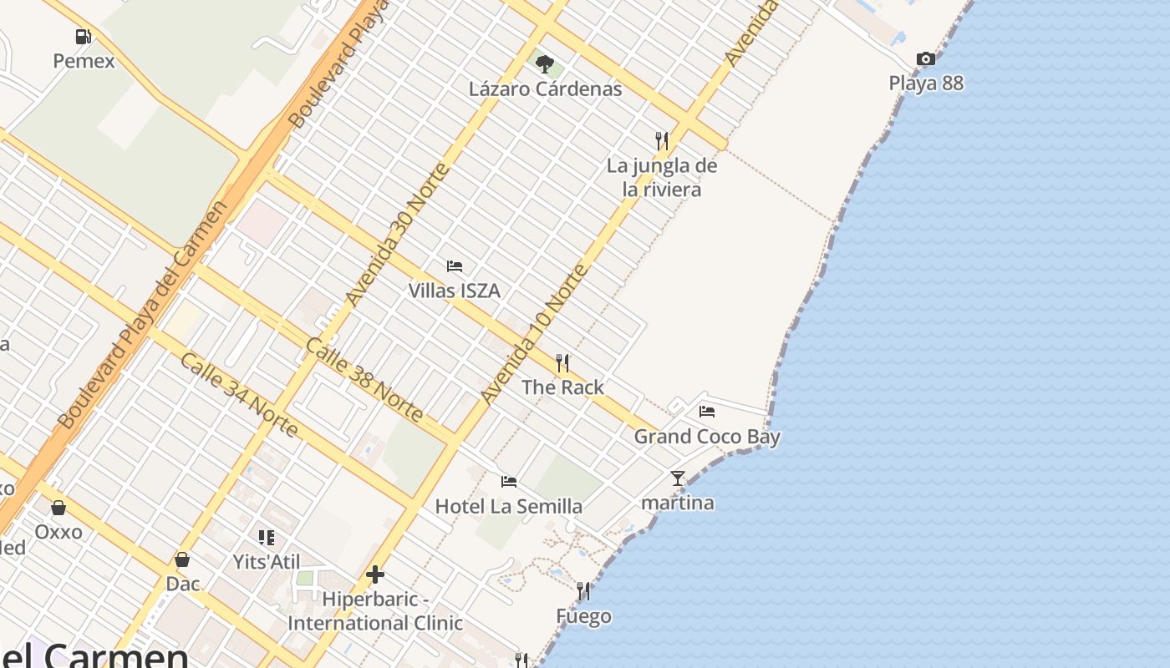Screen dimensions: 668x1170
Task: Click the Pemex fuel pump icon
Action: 83,37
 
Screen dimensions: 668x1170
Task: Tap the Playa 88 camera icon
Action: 925,59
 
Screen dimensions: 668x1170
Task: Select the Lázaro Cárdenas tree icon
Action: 545,64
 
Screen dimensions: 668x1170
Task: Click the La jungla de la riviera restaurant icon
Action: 662,140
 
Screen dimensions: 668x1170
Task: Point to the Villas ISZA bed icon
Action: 455,266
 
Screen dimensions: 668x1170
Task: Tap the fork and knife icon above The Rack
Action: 562,363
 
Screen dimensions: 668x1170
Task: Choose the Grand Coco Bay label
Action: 707,437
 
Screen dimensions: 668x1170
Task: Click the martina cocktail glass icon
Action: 678,478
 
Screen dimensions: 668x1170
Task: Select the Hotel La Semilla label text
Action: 508,506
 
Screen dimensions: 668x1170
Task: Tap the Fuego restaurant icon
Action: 583,591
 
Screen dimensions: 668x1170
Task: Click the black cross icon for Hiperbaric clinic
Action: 375,574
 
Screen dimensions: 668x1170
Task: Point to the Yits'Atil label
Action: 267,562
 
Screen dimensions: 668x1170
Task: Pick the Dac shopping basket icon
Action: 182,559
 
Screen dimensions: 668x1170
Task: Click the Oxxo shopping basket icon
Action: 58,508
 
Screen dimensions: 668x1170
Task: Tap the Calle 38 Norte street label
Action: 364,380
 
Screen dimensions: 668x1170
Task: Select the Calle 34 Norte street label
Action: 239,395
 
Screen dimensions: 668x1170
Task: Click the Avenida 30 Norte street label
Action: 398,235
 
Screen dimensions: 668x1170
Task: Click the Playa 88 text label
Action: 926,83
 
